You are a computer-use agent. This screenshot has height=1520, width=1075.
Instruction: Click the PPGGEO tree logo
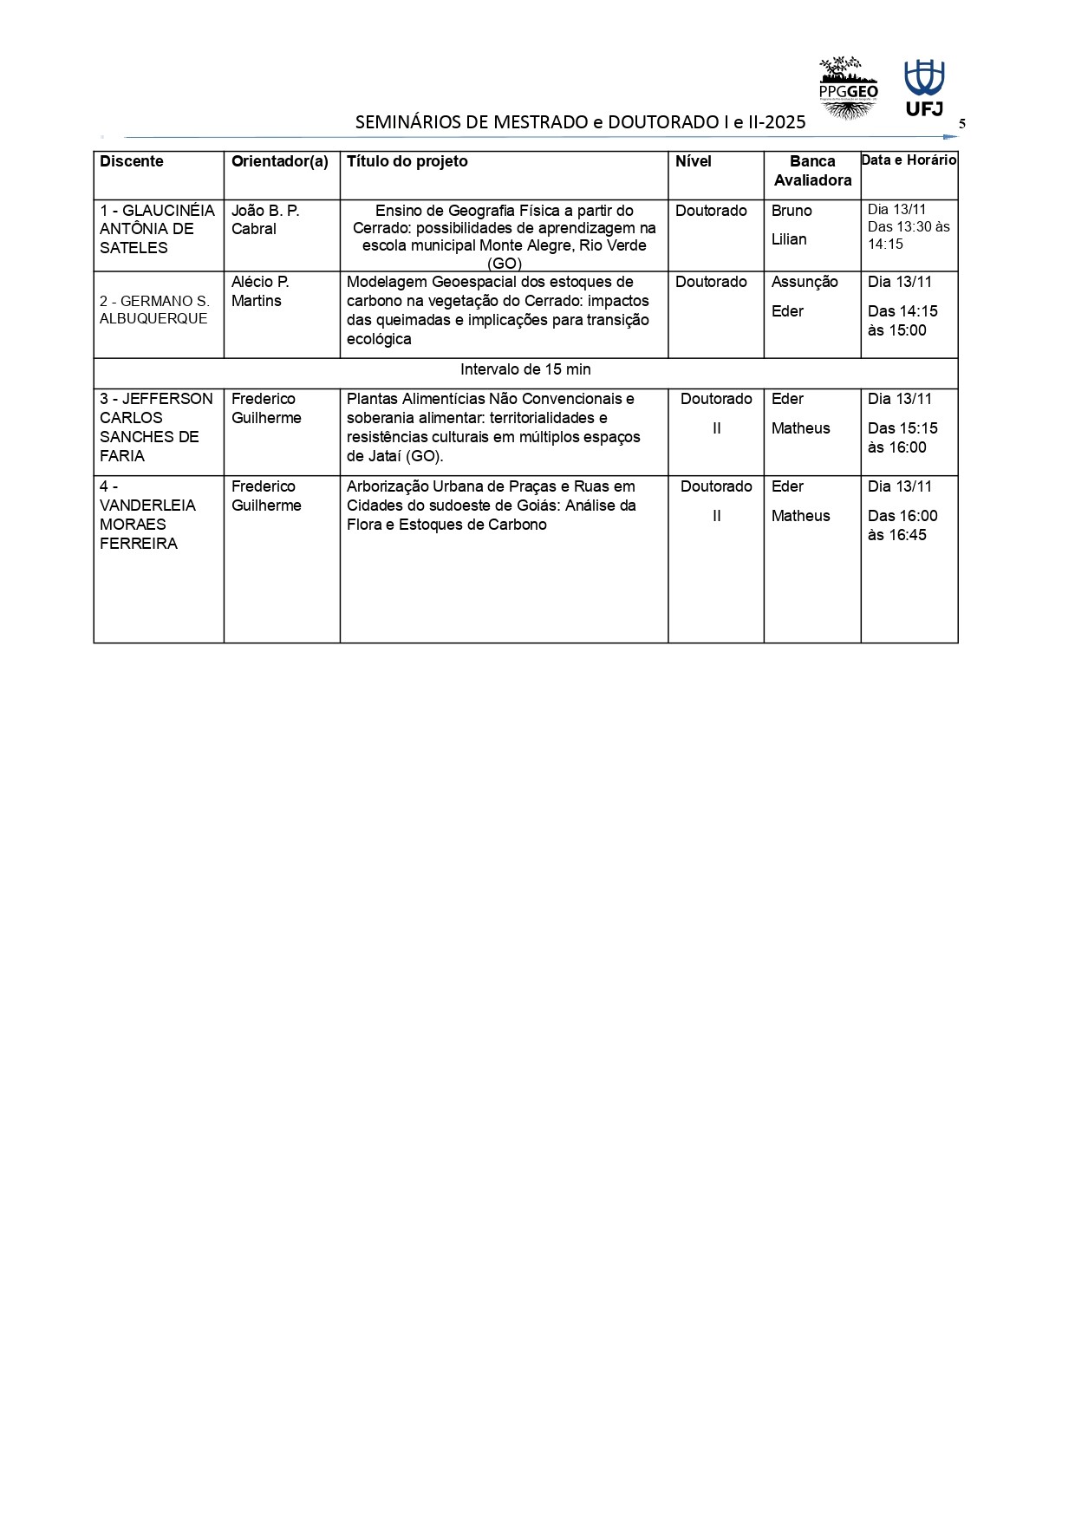coord(848,88)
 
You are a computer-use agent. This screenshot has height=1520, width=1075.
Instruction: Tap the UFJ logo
coord(924,88)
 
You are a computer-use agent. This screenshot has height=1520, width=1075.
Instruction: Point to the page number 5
coord(961,124)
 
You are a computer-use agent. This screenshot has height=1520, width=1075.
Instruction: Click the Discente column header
coord(132,161)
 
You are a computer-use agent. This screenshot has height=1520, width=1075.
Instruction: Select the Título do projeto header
coord(407,161)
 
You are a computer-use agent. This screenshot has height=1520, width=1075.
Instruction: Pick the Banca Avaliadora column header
coord(812,171)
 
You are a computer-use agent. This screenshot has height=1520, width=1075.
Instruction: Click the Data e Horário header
coord(909,160)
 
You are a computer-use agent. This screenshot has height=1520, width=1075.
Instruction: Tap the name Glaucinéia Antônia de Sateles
coord(157,229)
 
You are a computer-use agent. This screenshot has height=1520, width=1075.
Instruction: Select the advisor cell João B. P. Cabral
coord(265,219)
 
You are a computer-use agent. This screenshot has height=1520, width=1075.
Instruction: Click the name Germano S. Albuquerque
coord(154,310)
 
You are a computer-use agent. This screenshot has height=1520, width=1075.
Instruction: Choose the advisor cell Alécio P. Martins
coord(260,291)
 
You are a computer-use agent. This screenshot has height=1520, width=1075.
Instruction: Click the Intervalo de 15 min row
coord(525,369)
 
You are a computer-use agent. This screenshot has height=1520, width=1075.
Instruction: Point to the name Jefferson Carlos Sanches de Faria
coord(156,427)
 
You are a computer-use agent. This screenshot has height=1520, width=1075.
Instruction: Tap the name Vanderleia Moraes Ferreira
coord(147,515)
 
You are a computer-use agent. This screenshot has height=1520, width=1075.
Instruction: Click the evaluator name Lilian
coord(789,239)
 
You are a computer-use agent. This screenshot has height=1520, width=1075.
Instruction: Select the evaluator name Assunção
coord(805,282)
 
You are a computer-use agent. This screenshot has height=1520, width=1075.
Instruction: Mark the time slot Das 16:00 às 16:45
coord(902,525)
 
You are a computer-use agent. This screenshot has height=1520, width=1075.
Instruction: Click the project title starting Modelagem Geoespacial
coord(498,310)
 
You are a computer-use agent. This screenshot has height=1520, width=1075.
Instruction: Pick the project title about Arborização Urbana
coord(492,506)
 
